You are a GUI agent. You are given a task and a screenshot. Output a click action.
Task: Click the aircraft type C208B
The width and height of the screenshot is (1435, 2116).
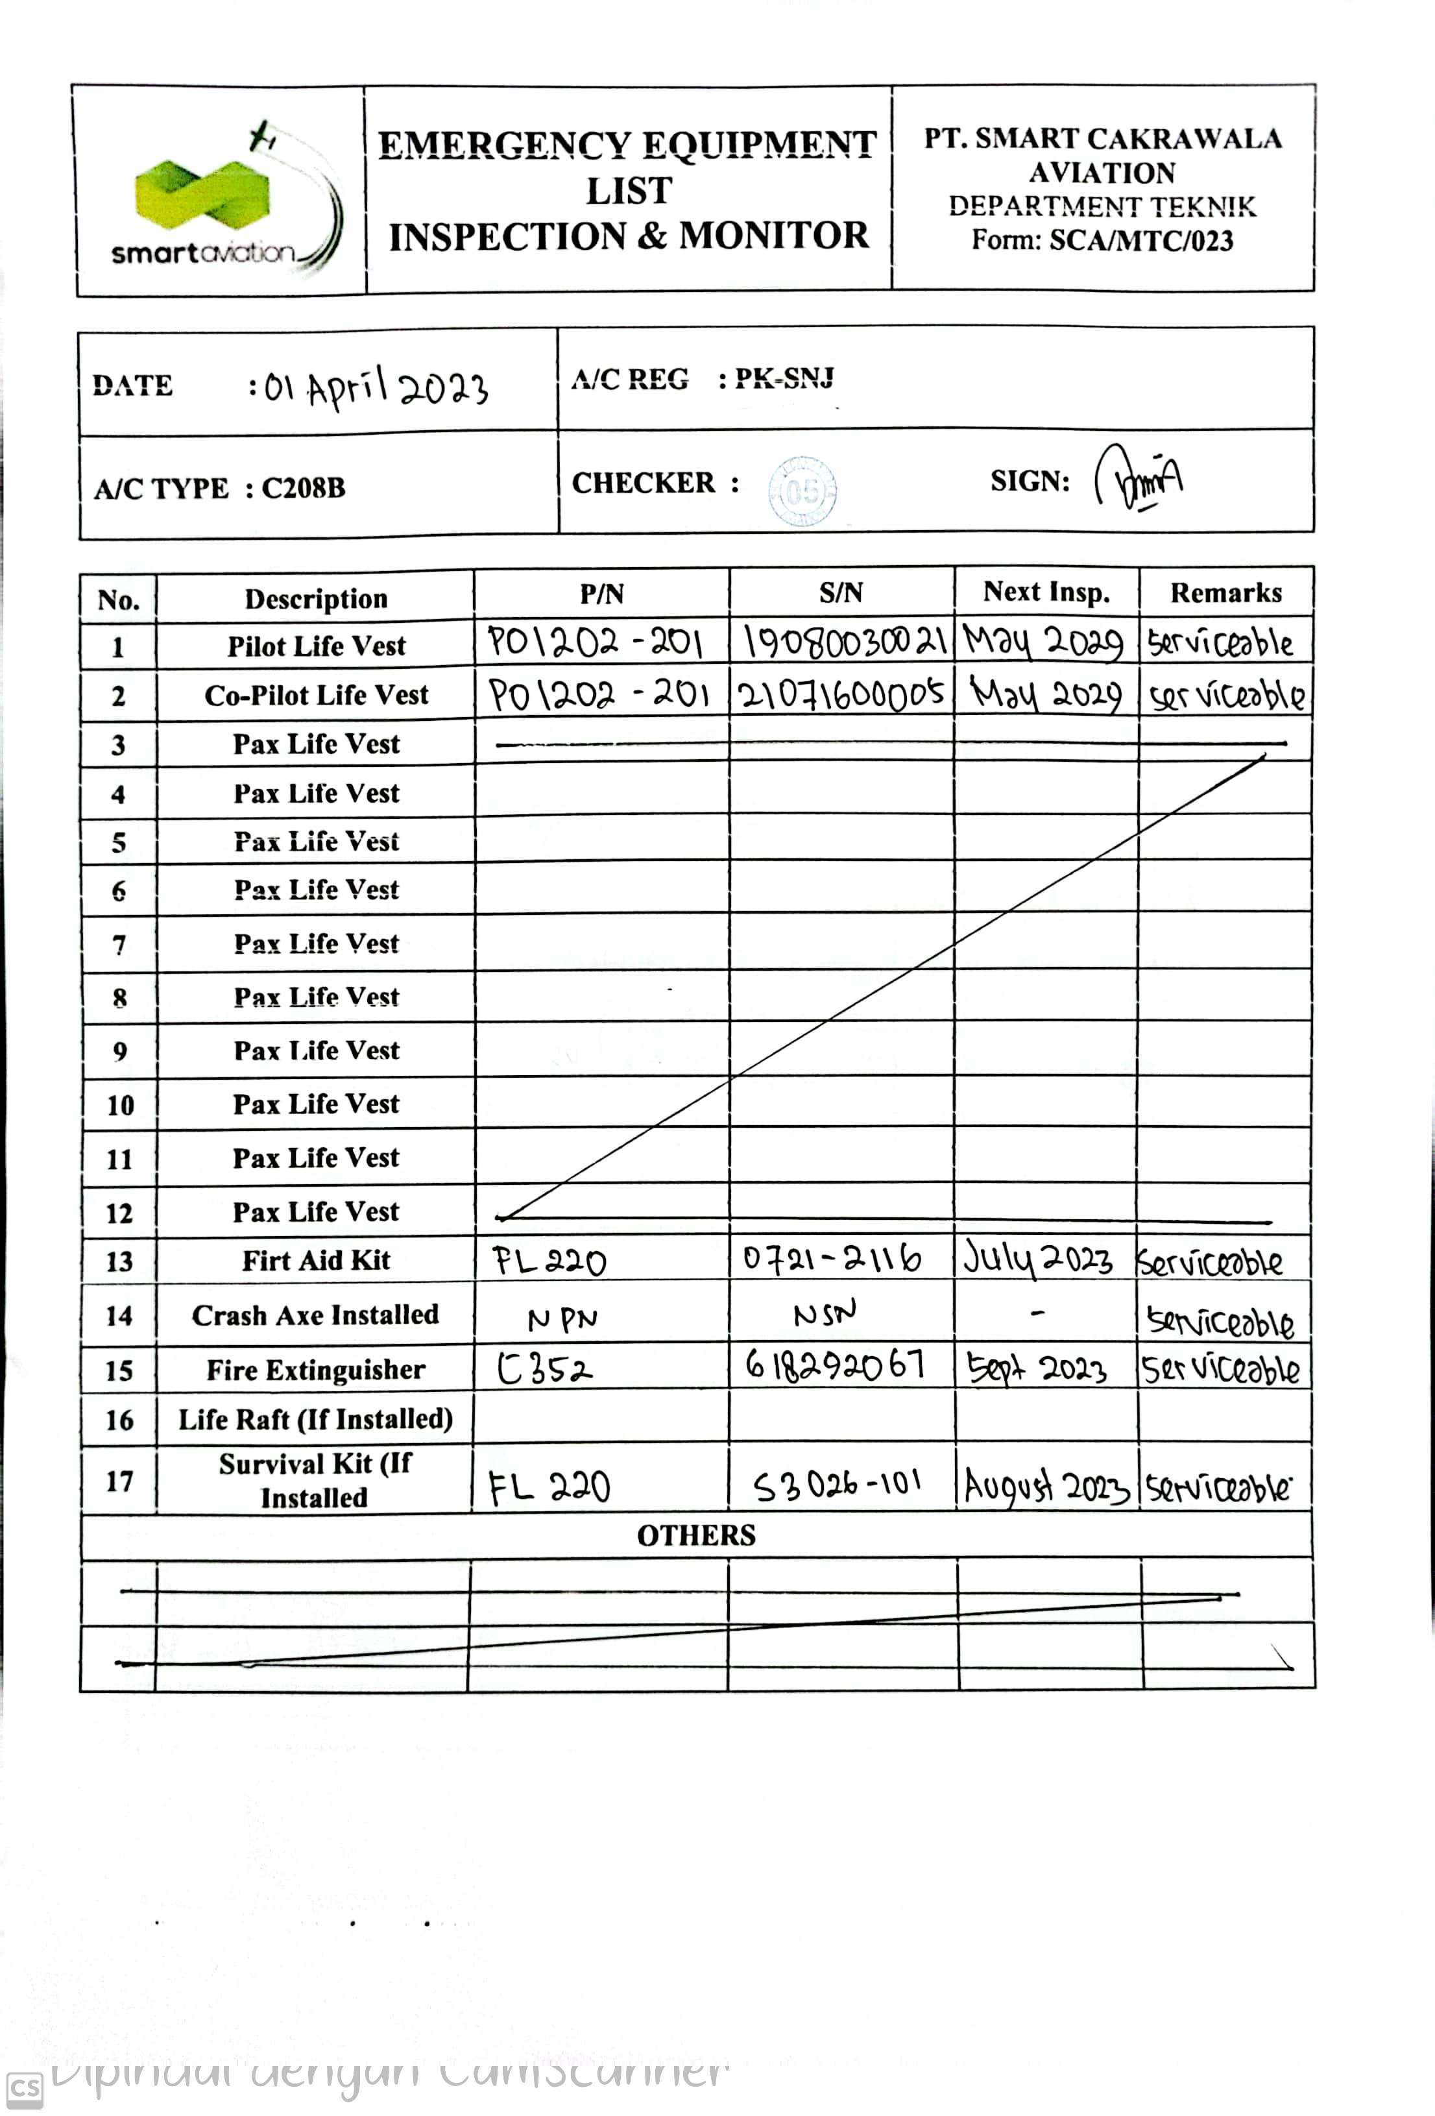(303, 488)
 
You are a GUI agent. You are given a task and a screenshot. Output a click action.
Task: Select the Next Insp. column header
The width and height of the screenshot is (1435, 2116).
(1046, 592)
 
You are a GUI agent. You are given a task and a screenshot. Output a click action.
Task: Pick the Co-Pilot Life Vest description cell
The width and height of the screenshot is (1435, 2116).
(316, 696)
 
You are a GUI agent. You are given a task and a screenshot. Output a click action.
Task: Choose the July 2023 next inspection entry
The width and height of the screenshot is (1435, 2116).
(1038, 1260)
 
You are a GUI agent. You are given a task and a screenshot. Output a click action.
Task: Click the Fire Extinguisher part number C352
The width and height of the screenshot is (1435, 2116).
(544, 1368)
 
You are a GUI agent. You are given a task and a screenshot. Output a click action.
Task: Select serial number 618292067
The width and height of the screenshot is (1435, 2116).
(835, 1364)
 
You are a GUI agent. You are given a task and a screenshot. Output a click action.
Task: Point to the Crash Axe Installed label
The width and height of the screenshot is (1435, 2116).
(315, 1315)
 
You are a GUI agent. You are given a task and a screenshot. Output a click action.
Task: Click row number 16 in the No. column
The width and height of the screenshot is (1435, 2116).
(119, 1420)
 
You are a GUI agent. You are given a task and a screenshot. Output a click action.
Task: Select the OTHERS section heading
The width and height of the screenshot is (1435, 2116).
(695, 1536)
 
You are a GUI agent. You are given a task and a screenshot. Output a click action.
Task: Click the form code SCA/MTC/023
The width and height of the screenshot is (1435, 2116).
(1141, 241)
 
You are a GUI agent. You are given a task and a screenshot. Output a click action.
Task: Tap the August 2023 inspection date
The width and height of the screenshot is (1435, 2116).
(1046, 1487)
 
